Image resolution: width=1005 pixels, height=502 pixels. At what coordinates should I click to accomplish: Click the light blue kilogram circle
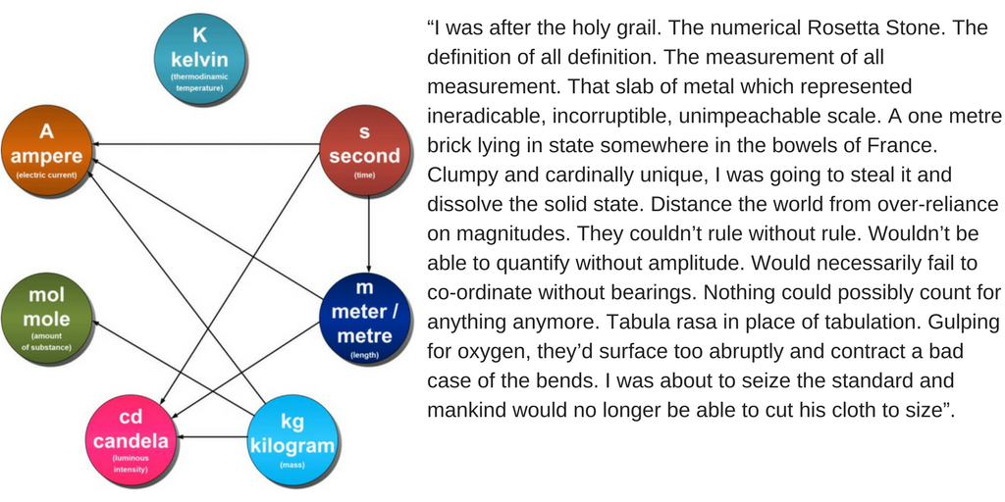tap(292, 437)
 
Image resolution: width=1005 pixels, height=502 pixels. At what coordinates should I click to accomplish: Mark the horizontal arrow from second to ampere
tap(206, 145)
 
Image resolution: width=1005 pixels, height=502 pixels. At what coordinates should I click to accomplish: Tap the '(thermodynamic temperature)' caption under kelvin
tap(199, 82)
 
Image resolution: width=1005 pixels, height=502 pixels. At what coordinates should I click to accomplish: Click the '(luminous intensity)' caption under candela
tap(131, 465)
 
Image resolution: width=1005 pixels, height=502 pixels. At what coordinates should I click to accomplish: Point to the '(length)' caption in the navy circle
tap(364, 354)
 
